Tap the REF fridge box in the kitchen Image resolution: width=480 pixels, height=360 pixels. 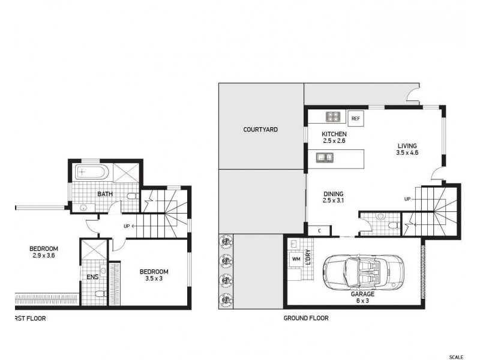tap(355, 118)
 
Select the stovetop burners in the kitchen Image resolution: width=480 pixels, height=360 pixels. tap(334, 116)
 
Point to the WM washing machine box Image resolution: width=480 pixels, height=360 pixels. tap(295, 259)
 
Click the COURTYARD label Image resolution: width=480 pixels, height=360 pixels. tap(260, 130)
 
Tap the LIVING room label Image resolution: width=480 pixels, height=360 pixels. tap(406, 146)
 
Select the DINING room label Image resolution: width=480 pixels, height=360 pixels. tap(333, 194)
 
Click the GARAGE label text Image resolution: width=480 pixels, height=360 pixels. tap(362, 295)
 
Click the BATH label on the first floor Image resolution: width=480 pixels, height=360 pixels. tap(106, 194)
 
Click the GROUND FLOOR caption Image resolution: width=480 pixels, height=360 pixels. tap(306, 319)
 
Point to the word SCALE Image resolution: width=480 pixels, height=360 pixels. tap(456, 357)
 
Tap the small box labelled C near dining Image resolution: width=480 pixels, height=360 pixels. tap(320, 230)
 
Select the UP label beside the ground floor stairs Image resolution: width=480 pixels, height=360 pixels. tap(407, 199)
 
